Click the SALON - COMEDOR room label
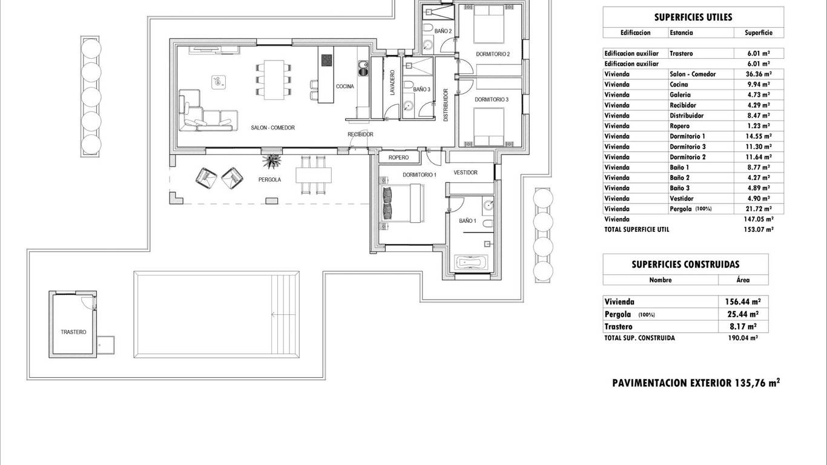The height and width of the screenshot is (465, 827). [x=273, y=128]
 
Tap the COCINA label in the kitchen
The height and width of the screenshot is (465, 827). [x=345, y=87]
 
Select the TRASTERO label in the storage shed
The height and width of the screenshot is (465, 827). [x=73, y=332]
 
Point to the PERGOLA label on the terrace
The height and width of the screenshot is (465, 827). [x=269, y=179]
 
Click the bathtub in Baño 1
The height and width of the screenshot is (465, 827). [x=470, y=263]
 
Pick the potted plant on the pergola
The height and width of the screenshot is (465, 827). [x=272, y=160]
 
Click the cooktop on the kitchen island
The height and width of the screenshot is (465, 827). [x=326, y=60]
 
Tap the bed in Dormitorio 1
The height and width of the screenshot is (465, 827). [x=403, y=203]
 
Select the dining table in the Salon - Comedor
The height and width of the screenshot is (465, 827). [x=274, y=80]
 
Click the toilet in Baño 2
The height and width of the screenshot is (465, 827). [x=428, y=28]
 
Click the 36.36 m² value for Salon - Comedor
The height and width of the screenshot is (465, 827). [x=759, y=74]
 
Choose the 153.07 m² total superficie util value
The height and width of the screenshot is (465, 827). [x=759, y=229]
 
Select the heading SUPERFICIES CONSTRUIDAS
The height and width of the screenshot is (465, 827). [x=685, y=265]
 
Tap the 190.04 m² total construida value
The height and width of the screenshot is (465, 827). [x=743, y=338]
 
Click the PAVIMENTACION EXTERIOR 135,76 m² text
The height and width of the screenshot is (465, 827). [x=696, y=383]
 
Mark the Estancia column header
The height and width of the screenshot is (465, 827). [x=681, y=33]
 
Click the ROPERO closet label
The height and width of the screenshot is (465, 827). [x=399, y=157]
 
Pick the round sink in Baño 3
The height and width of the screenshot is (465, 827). [x=408, y=106]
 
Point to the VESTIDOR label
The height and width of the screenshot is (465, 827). [x=466, y=173]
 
